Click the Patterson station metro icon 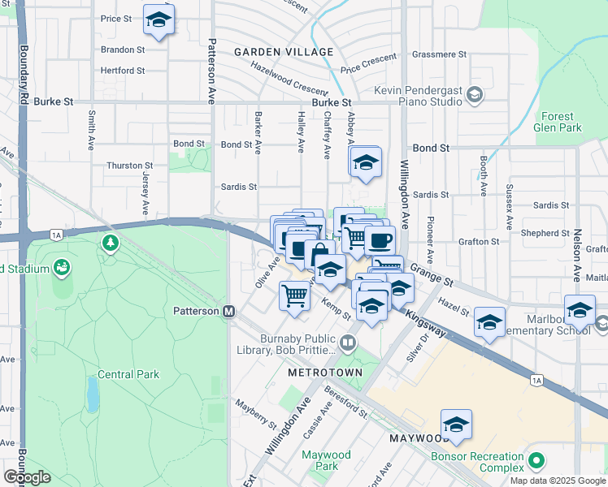tap(229, 311)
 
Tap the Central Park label tap(128, 374)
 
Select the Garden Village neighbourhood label tap(284, 52)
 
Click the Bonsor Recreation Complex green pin tap(535, 461)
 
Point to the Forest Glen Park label tap(558, 122)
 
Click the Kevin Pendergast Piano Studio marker tap(474, 97)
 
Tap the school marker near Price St tap(159, 19)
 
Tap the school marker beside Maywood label tap(456, 424)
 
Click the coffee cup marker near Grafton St tap(380, 239)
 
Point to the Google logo tap(27, 477)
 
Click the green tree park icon tap(110, 243)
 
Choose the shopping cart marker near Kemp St tap(294, 294)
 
